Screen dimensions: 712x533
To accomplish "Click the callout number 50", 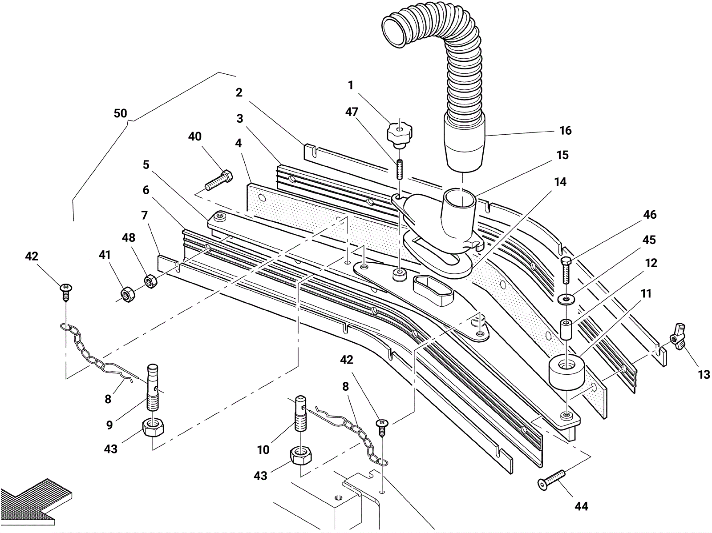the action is pyautogui.click(x=120, y=113).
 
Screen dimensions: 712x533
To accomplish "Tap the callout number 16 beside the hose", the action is pyautogui.click(x=566, y=130).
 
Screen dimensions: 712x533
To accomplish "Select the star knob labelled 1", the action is pyautogui.click(x=399, y=134).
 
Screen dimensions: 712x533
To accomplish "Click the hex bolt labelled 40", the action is pyautogui.click(x=219, y=180).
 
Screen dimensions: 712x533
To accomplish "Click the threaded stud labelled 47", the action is pyautogui.click(x=399, y=169).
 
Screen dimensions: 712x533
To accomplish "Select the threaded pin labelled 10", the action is pyautogui.click(x=301, y=413).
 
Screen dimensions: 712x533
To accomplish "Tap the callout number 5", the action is pyautogui.click(x=146, y=164).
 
